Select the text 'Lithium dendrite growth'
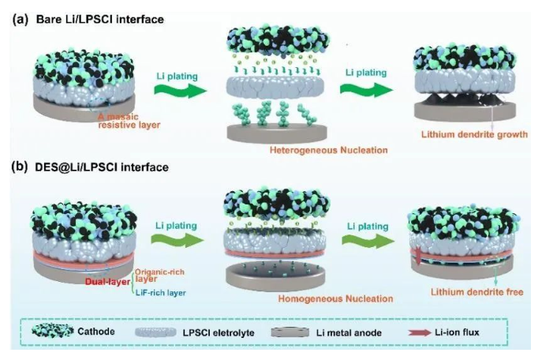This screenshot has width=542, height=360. [x=474, y=134]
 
